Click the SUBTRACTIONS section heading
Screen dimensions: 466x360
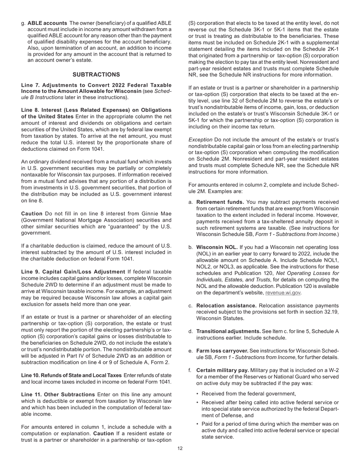tap(96, 75)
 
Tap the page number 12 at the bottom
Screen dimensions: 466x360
tap(180, 449)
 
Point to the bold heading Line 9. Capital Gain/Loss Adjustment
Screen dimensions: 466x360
tap(73, 272)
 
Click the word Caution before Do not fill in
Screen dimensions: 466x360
tap(32, 214)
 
